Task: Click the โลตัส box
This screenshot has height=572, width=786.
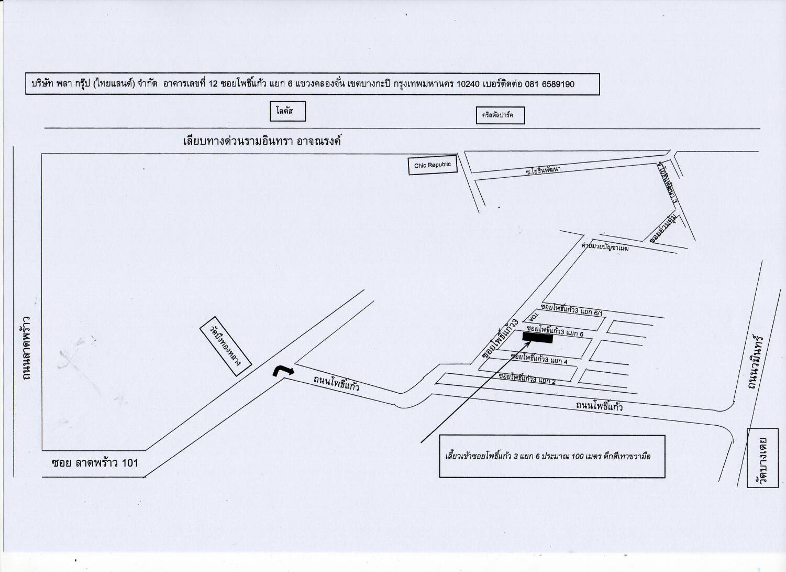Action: pos(287,111)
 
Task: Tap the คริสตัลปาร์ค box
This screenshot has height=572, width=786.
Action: pos(500,115)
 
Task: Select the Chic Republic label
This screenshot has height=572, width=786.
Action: pos(433,166)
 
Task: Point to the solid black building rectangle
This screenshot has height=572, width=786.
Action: pos(537,338)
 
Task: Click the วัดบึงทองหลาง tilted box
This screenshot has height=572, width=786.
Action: pos(226,350)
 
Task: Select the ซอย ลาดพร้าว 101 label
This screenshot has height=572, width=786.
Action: pos(95,463)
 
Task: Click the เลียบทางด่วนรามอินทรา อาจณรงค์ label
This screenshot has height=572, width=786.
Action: pos(262,141)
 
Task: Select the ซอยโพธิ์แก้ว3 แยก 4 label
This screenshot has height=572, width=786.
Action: pos(539,359)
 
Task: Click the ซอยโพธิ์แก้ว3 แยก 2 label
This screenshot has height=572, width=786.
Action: pos(527,379)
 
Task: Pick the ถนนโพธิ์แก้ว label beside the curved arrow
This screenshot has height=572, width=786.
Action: pos(336,384)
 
